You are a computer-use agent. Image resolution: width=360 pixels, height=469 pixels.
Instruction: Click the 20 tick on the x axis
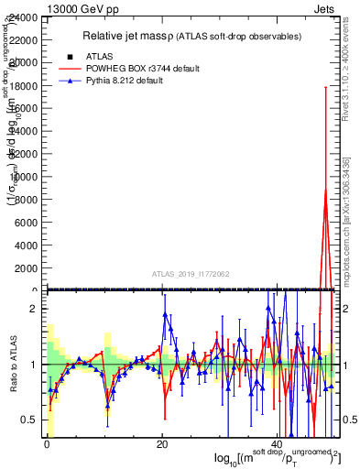coord(162,444)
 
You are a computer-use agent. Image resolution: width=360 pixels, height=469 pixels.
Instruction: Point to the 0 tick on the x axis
coord(47,444)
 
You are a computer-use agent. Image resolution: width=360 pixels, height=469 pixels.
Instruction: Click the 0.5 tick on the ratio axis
coord(29,420)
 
